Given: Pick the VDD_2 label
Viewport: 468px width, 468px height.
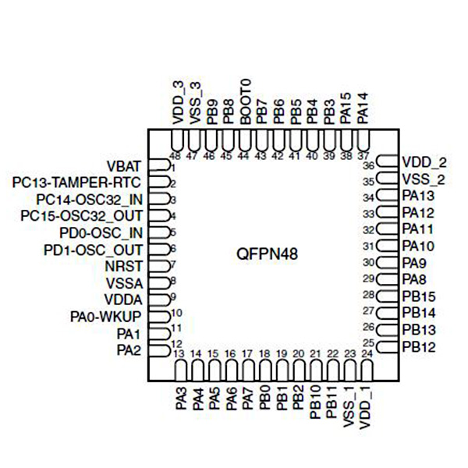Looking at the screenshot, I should [425, 163].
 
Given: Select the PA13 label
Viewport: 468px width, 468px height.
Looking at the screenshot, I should [419, 197].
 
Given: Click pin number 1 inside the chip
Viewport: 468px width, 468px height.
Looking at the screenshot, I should [172, 168].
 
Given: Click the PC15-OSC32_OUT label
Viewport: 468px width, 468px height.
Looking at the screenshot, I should [81, 216].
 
